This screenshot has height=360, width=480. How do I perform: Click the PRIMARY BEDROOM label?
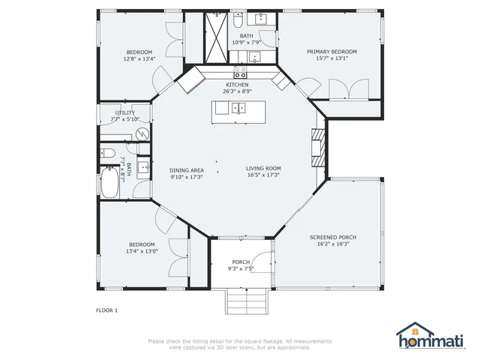[x=331, y=52]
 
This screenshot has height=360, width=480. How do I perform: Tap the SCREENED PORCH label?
[x=333, y=237]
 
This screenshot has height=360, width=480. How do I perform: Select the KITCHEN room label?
[x=237, y=85]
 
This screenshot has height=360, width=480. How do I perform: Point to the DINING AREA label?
[x=187, y=170]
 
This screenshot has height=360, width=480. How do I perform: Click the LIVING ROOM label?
[x=263, y=168]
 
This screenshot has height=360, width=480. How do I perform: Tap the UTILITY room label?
[x=125, y=112]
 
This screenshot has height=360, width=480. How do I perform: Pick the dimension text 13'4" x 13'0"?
[x=142, y=251]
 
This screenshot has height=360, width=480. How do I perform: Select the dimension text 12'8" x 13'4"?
[x=139, y=58]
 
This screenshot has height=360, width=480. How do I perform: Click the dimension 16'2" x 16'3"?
[x=333, y=244]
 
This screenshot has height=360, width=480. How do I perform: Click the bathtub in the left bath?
[x=109, y=183]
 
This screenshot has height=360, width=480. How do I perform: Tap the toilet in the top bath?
[x=238, y=20]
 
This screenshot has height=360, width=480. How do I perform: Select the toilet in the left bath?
[x=107, y=152]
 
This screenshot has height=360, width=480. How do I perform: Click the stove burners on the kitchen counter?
[x=240, y=72]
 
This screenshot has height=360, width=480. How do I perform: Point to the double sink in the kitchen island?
[x=238, y=108]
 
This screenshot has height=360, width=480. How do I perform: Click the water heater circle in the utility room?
[x=142, y=133]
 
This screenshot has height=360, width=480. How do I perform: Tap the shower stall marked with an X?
[x=216, y=37]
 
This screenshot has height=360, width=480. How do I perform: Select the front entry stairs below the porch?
[x=247, y=301]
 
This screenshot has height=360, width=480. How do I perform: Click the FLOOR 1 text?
[x=106, y=310]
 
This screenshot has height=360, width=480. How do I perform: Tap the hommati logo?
[x=430, y=335]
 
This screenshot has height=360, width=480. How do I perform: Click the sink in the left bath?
[x=143, y=167]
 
